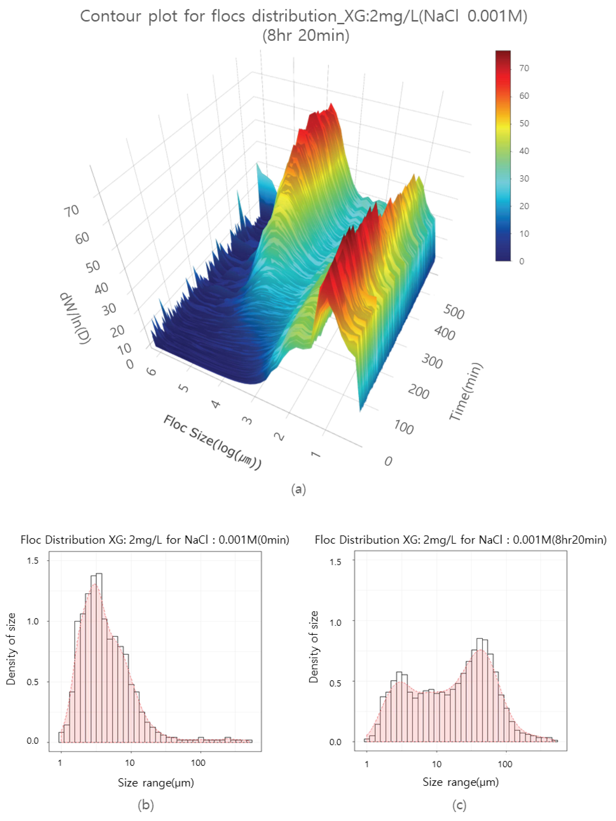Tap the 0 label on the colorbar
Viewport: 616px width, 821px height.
click(522, 261)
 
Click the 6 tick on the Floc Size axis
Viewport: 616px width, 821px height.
click(152, 371)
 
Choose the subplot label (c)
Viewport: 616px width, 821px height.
click(460, 805)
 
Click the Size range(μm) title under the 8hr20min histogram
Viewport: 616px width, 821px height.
click(460, 782)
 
